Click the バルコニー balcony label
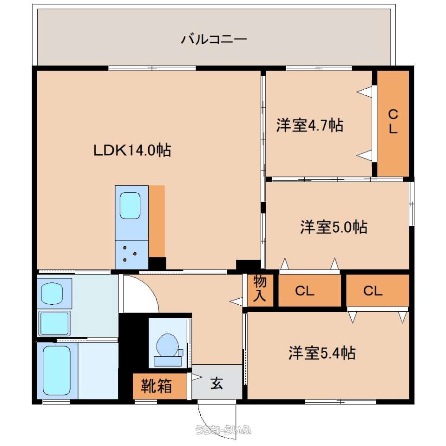214,39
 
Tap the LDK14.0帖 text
132,150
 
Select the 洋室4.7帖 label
310,125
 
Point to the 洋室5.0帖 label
334,227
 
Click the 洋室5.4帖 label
322,353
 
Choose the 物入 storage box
260,290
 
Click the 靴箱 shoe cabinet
159,386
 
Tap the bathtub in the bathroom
57,370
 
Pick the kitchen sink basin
130,205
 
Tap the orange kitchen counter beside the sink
157,221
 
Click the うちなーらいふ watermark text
223,429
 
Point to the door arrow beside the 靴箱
197,377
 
